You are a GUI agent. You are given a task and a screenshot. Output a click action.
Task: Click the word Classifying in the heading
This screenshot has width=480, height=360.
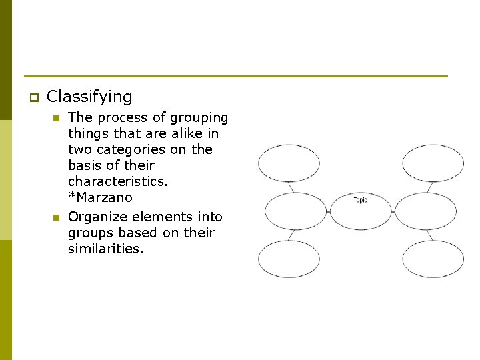89,97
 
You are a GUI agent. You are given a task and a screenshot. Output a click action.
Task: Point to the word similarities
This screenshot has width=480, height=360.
105,249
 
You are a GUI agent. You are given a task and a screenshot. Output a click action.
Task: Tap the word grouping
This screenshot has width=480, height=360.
199,118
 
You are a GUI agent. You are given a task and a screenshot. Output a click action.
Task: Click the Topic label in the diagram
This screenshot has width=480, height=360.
360,200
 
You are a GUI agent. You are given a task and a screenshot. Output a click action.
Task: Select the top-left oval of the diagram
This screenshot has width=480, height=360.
289,163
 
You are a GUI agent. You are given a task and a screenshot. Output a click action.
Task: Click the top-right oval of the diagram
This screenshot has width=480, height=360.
433,163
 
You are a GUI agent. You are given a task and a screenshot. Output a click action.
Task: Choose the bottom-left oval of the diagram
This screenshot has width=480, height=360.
289,259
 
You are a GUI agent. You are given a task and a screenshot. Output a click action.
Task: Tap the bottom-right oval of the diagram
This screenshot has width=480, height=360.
433,259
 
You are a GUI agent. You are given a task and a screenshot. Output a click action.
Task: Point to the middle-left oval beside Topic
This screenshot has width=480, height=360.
296,211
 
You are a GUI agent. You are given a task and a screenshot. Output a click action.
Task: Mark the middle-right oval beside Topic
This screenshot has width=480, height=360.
425,211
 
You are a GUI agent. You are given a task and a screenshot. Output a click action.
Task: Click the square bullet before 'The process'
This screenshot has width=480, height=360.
57,119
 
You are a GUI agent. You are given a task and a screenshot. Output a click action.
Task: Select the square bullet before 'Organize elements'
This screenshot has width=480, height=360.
57,217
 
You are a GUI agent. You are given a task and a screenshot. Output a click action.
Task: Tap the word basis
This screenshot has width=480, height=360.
84,165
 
